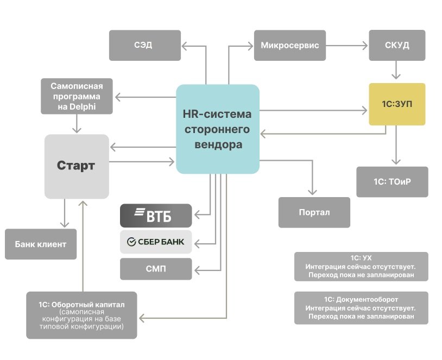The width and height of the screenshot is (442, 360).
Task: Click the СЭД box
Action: coord(144,45)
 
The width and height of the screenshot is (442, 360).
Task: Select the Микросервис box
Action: coord(289,45)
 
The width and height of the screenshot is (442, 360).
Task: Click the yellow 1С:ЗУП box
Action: coord(396,104)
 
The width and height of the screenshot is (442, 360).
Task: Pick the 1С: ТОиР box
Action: coord(392,181)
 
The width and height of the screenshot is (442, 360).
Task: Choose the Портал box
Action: coord(314,212)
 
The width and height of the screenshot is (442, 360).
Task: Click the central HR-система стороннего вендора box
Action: coord(218,129)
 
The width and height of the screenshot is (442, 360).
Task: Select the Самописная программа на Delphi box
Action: coord(77,96)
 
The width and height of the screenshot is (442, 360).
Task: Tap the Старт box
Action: coord(76,166)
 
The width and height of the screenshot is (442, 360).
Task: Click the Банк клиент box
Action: coord(40,244)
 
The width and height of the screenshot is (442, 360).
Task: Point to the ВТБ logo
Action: coord(155,216)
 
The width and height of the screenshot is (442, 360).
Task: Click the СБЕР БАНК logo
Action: coord(155,242)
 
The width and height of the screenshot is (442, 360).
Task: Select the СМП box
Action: coord(155,269)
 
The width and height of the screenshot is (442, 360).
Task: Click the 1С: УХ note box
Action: coord(361,267)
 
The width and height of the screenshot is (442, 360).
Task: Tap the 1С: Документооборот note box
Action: coord(361,308)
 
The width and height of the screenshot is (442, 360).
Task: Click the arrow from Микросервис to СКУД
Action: coord(348,45)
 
